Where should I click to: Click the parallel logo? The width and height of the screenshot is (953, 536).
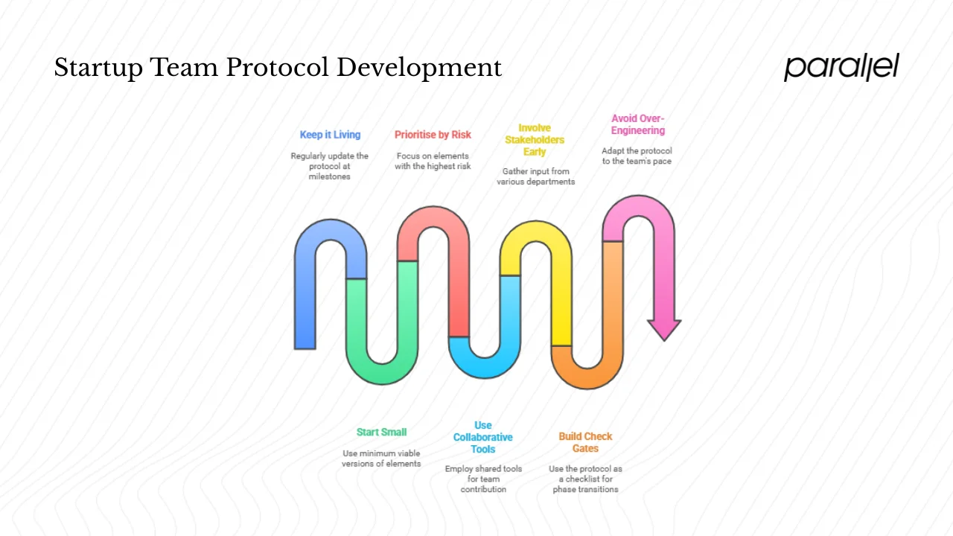[x=841, y=67]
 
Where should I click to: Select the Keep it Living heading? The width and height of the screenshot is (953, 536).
[x=330, y=135]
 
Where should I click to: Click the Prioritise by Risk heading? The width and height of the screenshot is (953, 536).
[x=433, y=135]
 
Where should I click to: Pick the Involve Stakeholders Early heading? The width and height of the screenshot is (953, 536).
[x=535, y=140]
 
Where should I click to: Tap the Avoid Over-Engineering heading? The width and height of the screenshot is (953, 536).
[x=637, y=124]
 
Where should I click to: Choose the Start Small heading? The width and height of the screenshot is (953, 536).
[x=381, y=432]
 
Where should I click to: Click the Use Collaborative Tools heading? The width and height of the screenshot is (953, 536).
[x=483, y=438]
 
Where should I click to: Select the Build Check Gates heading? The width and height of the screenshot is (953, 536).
[x=585, y=442]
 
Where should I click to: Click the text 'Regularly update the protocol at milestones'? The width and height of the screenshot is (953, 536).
[x=329, y=166]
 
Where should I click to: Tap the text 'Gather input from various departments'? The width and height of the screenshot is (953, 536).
[x=535, y=176]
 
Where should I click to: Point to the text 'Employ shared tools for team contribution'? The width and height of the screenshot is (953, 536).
[x=483, y=479]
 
